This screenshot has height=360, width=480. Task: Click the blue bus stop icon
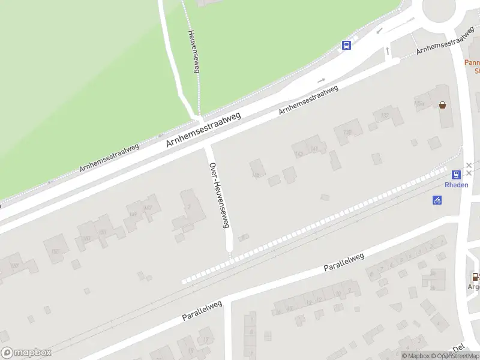(x=347, y=45)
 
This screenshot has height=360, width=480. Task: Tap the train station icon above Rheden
(x=457, y=175)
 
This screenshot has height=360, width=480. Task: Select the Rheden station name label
(x=457, y=185)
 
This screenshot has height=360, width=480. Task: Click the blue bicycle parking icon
(x=437, y=200)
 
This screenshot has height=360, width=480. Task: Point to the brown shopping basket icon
(x=443, y=105)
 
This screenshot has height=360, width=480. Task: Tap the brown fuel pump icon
(x=475, y=277)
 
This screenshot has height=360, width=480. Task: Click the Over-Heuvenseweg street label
(x=219, y=195)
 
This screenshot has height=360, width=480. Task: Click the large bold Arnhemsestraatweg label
(x=203, y=132)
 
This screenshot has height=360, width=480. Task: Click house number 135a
(x=419, y=104)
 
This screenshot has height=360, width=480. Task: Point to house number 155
(x=55, y=252)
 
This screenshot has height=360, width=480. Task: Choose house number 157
(x=14, y=266)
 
